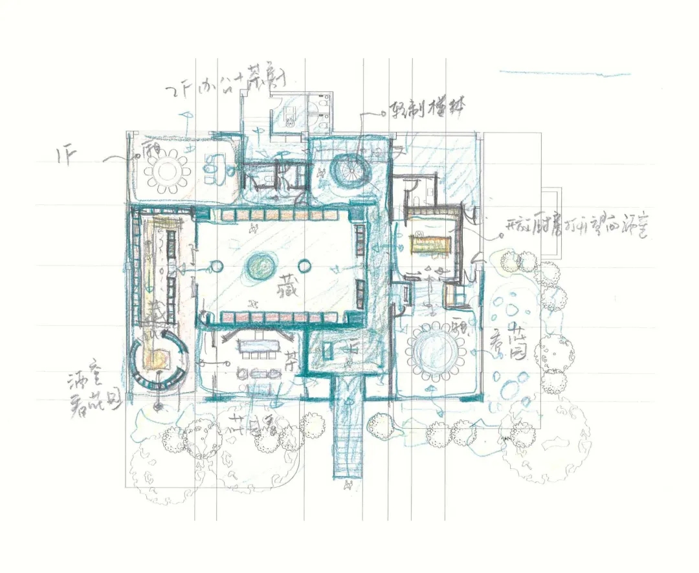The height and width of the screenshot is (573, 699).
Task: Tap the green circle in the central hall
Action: click(260, 266)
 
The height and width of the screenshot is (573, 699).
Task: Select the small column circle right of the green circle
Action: click(304, 266)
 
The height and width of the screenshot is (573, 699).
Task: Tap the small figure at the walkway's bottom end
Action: click(349, 484)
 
